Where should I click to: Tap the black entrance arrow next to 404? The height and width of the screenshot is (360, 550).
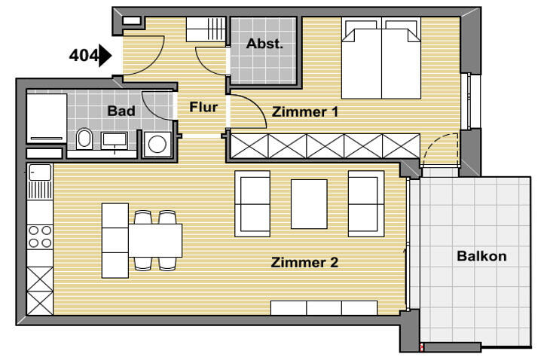coord(105,56)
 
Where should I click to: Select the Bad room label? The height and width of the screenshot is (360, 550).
coord(121,111)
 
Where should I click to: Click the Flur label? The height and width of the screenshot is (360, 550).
coord(203,107)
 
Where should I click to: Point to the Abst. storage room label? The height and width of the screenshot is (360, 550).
coord(264,44)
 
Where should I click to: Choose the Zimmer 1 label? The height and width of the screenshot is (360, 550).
coord(305,111)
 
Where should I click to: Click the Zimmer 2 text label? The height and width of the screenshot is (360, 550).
coord(304,263)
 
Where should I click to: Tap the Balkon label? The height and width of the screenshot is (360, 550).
coord(481,256)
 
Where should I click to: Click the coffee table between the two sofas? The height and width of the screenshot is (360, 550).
coord(309,203)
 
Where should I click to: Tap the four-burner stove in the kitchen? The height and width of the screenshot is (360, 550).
coord(39,236)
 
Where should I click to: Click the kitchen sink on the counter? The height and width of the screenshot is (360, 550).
coord(39,174)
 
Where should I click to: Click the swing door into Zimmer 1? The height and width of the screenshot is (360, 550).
coord(246,111)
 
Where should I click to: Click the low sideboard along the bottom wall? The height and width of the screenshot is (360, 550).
coord(323,307)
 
